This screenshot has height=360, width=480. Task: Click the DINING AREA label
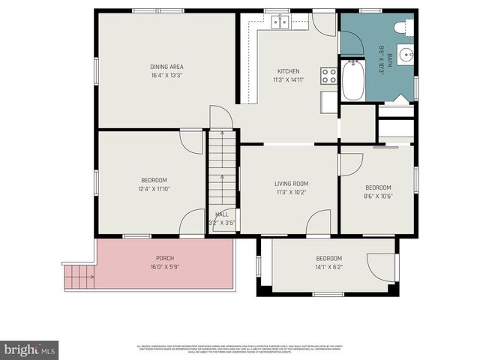(166, 66)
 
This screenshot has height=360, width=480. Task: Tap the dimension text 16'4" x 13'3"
(166, 75)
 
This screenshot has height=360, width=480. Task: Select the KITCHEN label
(289, 70)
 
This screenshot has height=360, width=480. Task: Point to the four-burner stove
(328, 75)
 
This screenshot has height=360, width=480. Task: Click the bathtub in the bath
(353, 81)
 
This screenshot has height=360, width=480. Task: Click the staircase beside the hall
(222, 172)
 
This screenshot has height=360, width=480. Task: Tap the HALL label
(222, 214)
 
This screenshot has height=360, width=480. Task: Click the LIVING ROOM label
(290, 183)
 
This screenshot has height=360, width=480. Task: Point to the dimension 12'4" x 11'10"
(154, 189)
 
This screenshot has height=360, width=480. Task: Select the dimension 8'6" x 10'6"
(378, 196)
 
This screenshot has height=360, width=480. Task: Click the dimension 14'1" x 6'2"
(328, 267)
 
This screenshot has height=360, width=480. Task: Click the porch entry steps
(79, 277)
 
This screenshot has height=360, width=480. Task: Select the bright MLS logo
(30, 349)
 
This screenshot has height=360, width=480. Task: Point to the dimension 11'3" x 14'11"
(289, 79)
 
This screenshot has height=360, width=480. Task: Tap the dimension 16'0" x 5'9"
(165, 266)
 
